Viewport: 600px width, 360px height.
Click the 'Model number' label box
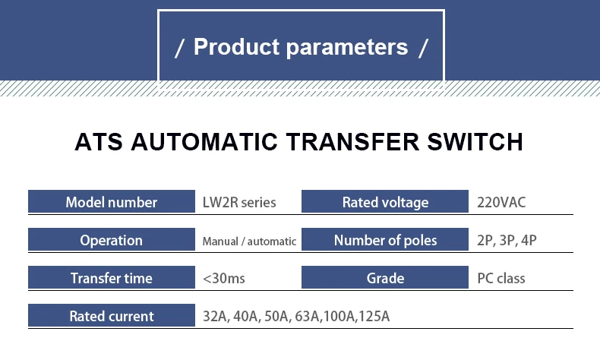(x=112, y=202)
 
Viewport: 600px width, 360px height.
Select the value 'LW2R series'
(x=239, y=202)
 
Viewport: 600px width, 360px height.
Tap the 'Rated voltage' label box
(x=385, y=202)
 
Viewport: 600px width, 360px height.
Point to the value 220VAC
(x=501, y=203)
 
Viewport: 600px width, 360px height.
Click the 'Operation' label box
(x=112, y=240)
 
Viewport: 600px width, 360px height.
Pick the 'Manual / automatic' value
(x=249, y=242)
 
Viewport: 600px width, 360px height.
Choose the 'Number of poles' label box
(x=385, y=240)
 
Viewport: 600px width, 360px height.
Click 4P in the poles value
(x=529, y=241)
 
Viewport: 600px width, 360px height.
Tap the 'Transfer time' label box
(x=112, y=278)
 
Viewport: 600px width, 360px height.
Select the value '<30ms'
(x=224, y=279)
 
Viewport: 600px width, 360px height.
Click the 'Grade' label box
(x=385, y=278)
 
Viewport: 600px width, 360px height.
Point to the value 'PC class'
(x=501, y=279)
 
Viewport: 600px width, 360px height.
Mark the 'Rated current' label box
(x=112, y=316)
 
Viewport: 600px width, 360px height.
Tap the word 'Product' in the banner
(x=236, y=47)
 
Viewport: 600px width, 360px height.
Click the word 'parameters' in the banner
(x=347, y=47)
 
